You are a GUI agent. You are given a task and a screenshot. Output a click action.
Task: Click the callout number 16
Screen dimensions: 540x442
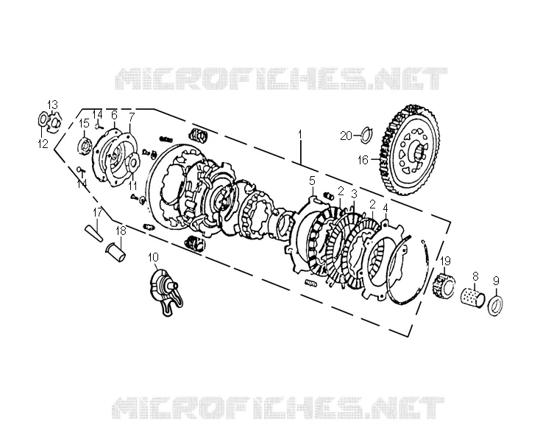click(363, 160)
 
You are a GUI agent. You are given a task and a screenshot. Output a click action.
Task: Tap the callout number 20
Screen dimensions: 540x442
click(346, 136)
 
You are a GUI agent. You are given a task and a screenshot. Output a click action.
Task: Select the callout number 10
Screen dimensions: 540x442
click(153, 257)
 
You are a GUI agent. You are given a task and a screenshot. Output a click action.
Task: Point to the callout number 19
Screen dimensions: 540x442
click(445, 260)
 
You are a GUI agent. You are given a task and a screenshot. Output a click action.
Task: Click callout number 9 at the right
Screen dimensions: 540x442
click(496, 281)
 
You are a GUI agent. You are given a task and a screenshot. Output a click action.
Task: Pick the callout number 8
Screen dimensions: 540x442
click(475, 267)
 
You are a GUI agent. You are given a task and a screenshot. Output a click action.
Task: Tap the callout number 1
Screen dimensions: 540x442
click(300, 134)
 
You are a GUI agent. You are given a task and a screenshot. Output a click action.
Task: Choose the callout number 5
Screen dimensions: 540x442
click(312, 180)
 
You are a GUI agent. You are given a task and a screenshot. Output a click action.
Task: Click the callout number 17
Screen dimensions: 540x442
click(97, 211)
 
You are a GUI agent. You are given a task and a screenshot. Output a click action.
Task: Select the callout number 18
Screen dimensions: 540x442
click(121, 231)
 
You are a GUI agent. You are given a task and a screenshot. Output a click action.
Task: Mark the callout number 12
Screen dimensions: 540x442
click(43, 144)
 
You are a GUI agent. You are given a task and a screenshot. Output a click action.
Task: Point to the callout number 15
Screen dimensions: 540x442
click(84, 123)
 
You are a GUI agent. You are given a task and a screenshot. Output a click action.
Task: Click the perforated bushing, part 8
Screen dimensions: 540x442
click(474, 294)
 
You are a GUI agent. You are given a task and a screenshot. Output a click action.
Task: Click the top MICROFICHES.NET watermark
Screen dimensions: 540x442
click(281, 79)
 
